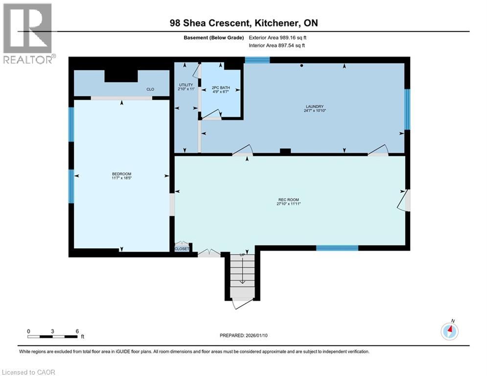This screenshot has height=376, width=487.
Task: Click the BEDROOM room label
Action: tap(121, 174)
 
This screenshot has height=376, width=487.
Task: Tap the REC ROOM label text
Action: tap(288, 200)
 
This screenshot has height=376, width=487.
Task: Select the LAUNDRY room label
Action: tap(315, 107)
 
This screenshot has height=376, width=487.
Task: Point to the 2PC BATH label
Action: tap(220, 88)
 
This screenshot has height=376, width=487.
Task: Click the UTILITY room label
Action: tap(186, 85)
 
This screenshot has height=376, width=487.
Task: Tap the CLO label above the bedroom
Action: tap(151, 90)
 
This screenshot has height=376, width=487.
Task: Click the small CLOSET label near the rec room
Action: tap(182, 249)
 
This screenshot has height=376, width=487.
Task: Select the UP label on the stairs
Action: tap(242, 256)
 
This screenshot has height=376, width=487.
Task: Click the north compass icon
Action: tap(449, 331)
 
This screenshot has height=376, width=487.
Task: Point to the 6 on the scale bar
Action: tap(77, 330)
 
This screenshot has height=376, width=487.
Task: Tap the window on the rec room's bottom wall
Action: tap(337, 248)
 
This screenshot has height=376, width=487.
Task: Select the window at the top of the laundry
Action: tap(257, 60)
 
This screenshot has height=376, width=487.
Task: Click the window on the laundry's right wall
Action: tap(407, 109)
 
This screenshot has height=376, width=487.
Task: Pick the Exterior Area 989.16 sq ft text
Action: tap(278, 37)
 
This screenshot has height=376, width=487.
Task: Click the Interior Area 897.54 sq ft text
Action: tap(278, 46)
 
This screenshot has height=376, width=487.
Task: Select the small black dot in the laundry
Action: tap(302, 66)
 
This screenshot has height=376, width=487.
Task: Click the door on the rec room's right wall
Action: tap(404, 200)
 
